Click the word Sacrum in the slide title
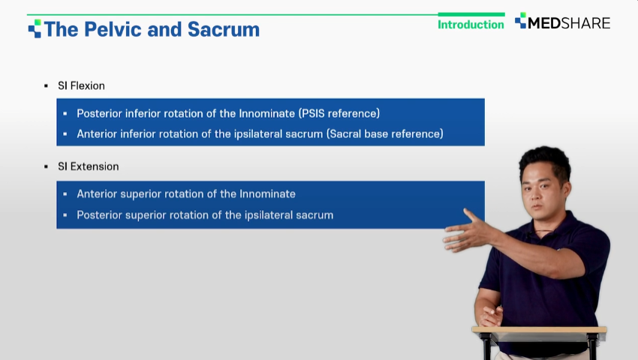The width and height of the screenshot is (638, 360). (224, 29)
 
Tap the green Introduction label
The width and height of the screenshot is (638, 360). (471, 25)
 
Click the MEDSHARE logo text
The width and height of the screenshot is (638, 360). (569, 23)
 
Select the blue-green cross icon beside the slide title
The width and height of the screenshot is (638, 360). (35, 28)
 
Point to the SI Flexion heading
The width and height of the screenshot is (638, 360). (81, 85)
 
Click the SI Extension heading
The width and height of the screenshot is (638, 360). (89, 166)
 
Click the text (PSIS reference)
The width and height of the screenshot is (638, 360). (339, 113)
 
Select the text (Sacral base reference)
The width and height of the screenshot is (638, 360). (385, 133)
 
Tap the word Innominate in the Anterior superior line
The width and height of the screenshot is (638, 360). (267, 194)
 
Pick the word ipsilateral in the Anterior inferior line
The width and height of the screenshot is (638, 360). (258, 133)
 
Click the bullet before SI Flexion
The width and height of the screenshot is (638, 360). (46, 85)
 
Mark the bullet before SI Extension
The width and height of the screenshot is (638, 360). (46, 166)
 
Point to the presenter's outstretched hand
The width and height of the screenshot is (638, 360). (468, 232)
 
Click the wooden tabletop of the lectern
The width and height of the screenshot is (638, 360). (539, 329)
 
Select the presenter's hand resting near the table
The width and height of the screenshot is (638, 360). (492, 316)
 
